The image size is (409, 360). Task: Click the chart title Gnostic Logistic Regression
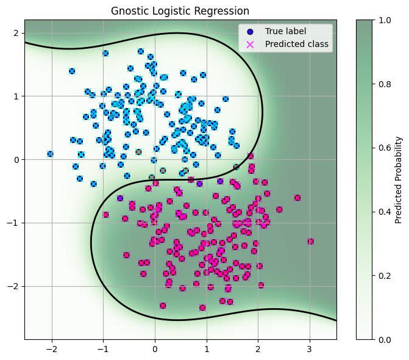tap(180, 11)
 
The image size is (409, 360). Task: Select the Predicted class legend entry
tap(296, 44)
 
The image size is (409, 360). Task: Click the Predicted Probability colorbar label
tap(399, 179)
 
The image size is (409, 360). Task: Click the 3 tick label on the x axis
tap(310, 349)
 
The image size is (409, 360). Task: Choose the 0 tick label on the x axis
tap(155, 349)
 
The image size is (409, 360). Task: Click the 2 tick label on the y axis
tap(16, 32)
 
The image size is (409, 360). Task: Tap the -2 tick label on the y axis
tap(13, 286)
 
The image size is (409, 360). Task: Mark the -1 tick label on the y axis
tap(13, 223)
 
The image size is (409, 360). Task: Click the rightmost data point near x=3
tap(310, 241)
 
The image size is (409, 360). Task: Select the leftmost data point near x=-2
tap(50, 154)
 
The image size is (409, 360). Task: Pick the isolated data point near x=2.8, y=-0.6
tap(297, 198)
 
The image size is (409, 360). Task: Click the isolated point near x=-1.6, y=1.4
tap(72, 71)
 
